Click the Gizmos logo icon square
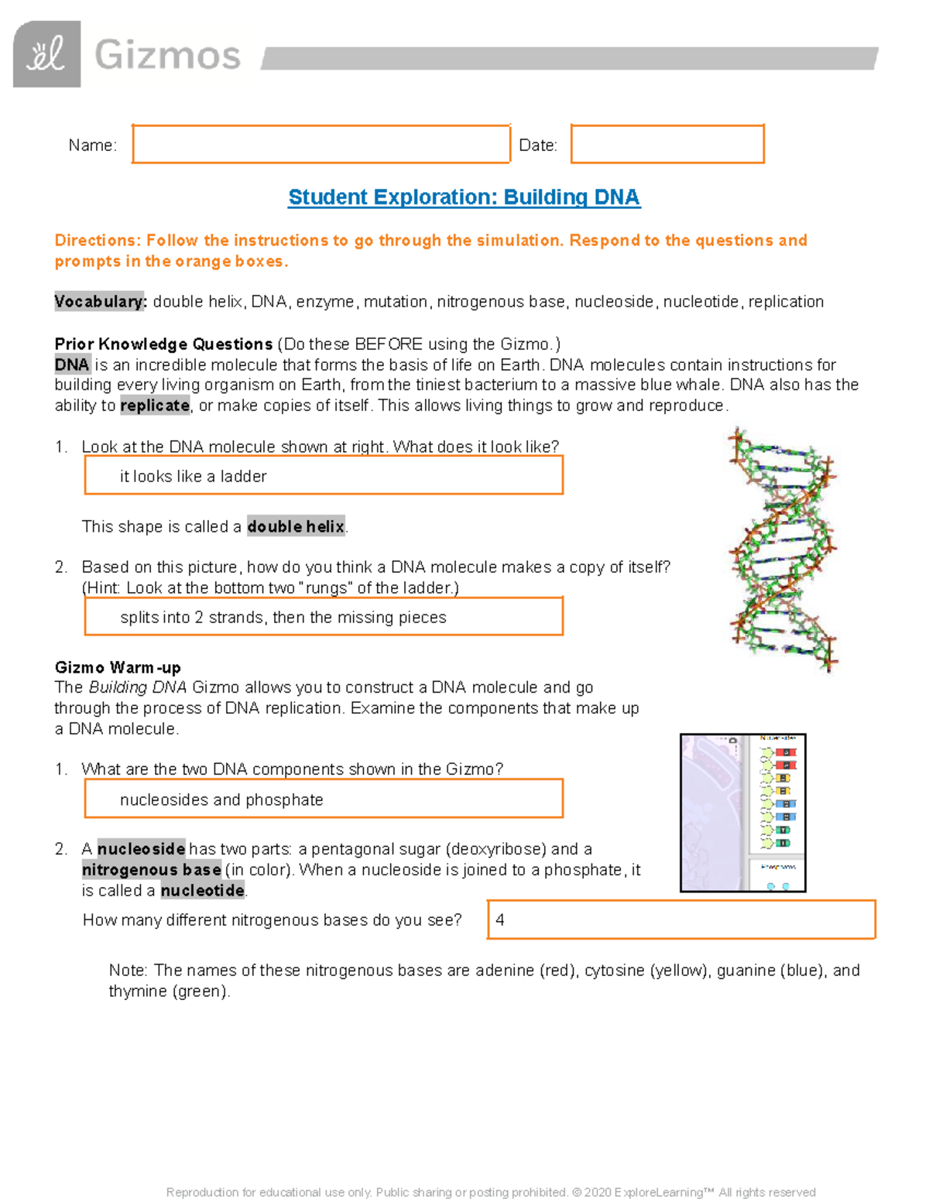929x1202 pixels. point(46,54)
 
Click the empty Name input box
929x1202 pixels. point(321,144)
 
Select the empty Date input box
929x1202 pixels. point(667,144)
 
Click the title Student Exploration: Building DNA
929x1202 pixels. point(464,197)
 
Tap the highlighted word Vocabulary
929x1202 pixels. point(100,302)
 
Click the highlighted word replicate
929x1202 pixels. point(155,406)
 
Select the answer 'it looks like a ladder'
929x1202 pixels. point(194,477)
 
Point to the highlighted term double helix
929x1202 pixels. point(296,527)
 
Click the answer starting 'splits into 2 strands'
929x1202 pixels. point(283,618)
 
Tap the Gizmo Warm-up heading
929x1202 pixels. point(118,667)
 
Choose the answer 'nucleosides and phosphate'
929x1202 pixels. point(221,800)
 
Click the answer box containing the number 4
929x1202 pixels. point(680,919)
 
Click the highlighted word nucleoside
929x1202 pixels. point(141,849)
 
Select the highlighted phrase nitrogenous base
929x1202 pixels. point(152,870)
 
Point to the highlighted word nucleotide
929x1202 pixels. point(203,891)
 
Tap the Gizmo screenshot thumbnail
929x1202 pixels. point(742,813)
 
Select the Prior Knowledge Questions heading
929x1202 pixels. point(163,344)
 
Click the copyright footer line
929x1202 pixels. point(491,1192)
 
